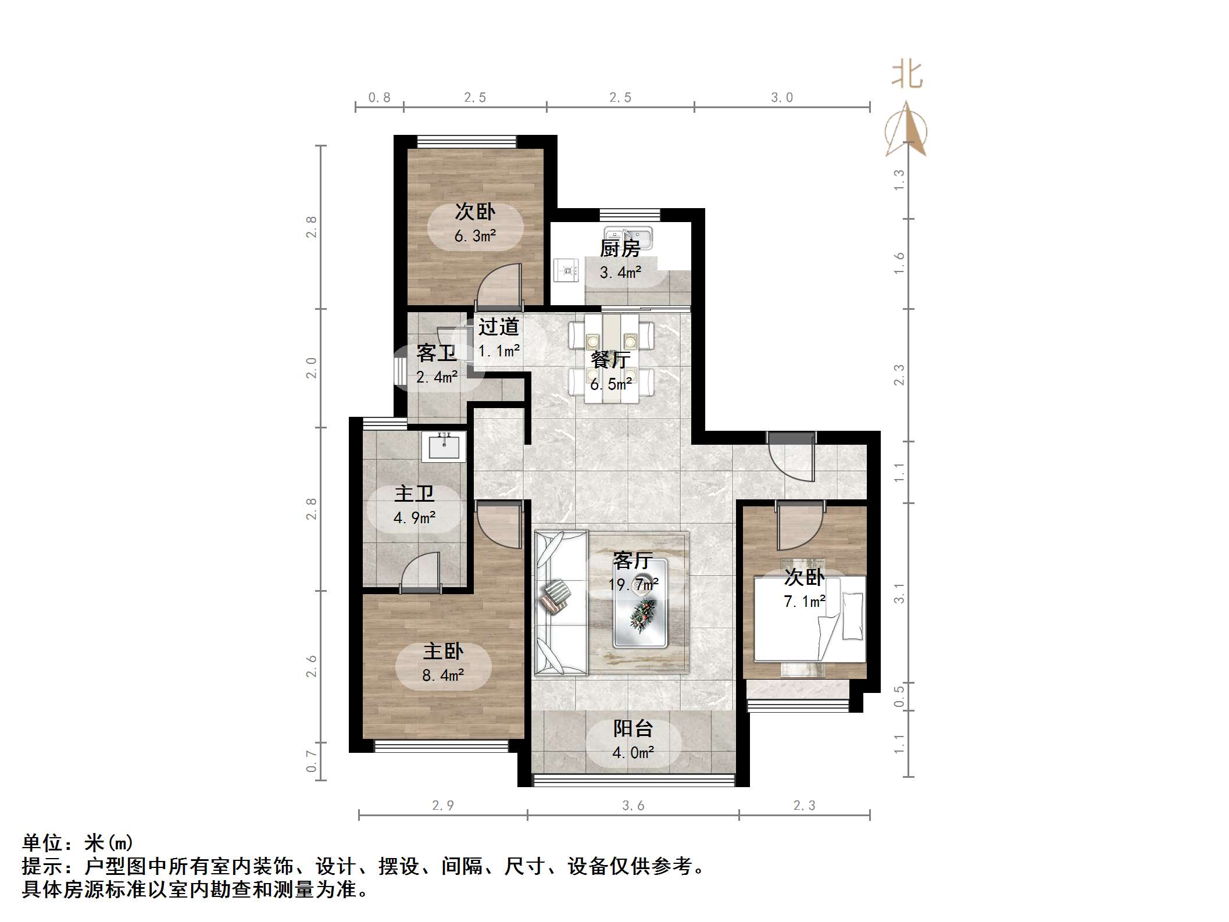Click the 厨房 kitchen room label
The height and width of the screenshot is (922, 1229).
(x=620, y=249)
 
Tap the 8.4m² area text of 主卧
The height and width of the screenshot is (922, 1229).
(x=442, y=675)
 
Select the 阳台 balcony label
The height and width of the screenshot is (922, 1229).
(x=633, y=728)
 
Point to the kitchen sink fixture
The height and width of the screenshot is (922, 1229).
(x=628, y=237)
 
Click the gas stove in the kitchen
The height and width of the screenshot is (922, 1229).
(x=566, y=270)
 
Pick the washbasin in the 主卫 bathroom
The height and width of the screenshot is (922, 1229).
(x=444, y=446)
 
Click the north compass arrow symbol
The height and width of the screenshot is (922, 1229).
(x=906, y=130)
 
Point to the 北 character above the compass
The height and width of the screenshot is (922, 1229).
(x=907, y=76)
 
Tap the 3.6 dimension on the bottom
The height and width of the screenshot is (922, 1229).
(x=633, y=805)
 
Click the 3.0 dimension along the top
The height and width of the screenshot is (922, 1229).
(x=781, y=98)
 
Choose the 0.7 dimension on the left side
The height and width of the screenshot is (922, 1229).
(x=312, y=761)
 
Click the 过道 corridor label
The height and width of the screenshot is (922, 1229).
(x=498, y=327)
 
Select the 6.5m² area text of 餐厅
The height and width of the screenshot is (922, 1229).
(x=610, y=384)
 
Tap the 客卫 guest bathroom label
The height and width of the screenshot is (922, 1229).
(x=436, y=353)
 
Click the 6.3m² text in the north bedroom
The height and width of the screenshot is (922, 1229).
(x=475, y=236)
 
